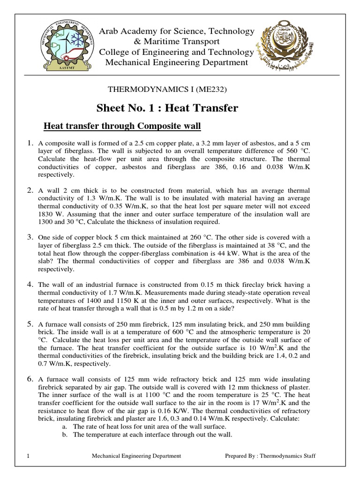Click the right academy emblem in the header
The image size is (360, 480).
click(286, 46)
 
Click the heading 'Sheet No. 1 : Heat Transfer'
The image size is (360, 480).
click(167, 108)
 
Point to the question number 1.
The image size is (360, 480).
click(30, 143)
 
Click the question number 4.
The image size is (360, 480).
click(30, 284)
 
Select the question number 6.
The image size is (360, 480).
click(30, 378)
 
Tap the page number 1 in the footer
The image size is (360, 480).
click(29, 455)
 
